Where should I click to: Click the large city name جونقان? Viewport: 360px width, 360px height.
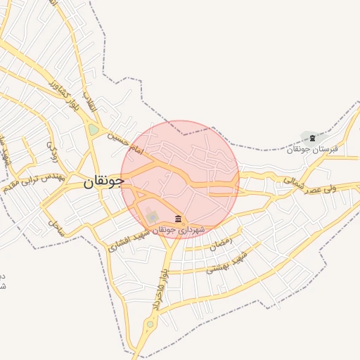tap(103, 181)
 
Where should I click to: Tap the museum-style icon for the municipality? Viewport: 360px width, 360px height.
tap(178, 219)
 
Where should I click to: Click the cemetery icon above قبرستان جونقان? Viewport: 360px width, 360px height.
tap(312, 137)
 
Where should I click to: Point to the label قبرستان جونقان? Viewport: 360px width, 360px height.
tap(312, 149)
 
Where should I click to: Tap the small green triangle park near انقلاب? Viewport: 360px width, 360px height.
tap(94, 130)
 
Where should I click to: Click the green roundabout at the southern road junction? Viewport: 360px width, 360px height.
tap(149, 324)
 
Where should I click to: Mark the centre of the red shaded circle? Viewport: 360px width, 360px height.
tap(180, 179)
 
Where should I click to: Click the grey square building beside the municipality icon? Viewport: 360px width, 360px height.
tap(153, 217)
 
